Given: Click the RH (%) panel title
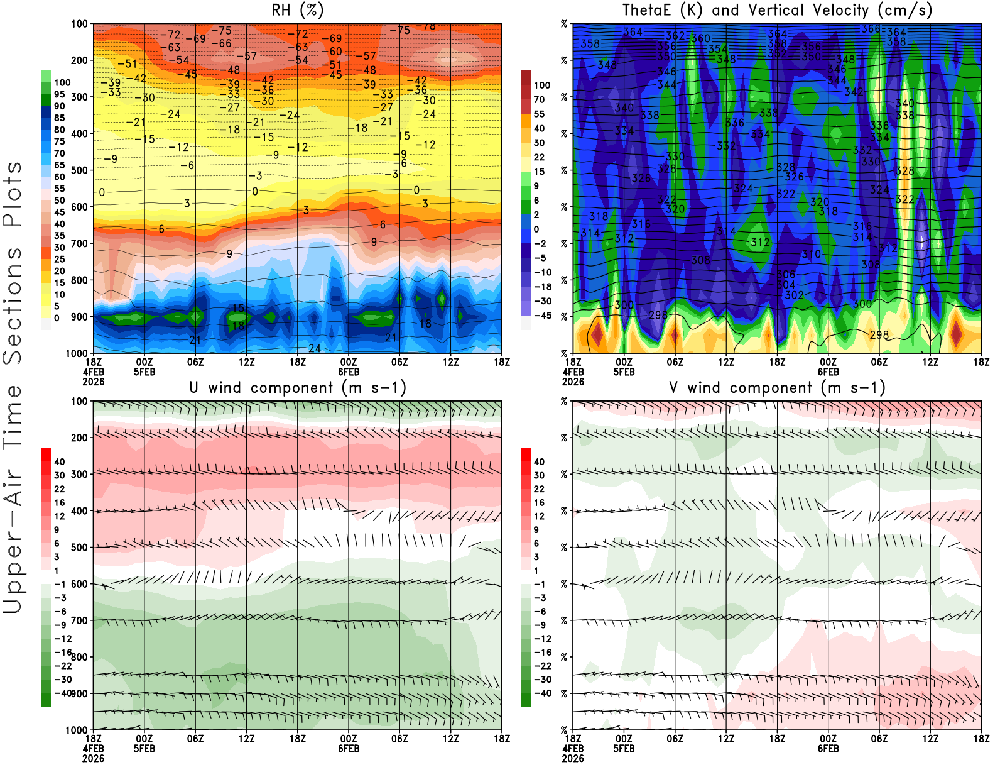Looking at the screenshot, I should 298,11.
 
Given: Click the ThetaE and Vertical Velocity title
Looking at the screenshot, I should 777,11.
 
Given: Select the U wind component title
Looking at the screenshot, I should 298,388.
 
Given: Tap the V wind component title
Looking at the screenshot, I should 777,388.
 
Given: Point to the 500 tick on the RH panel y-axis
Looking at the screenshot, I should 79,170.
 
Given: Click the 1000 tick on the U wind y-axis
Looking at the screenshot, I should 77,730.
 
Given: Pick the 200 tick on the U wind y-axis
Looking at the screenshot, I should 79,438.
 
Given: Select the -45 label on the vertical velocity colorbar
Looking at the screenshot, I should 542,316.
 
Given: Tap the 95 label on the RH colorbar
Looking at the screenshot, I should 59,95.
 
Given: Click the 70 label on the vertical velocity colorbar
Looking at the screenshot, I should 539,99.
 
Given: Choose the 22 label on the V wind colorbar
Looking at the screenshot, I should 539,489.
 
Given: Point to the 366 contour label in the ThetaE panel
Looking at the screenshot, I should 871,29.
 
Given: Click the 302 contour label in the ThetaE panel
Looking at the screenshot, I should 794,295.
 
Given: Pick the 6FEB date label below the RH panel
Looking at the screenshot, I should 349,372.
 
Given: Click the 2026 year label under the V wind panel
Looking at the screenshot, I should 573,758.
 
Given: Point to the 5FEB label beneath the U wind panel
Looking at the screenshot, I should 144,749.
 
